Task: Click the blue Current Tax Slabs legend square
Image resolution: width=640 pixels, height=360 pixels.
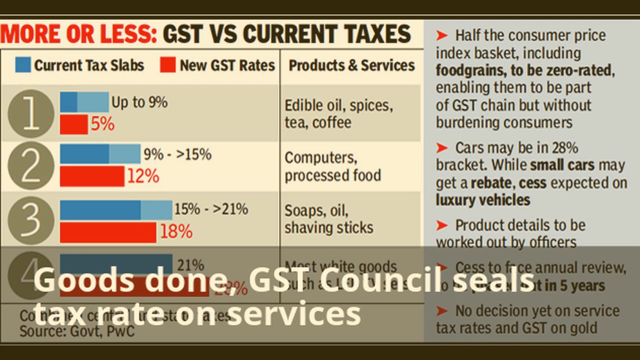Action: point(23,65)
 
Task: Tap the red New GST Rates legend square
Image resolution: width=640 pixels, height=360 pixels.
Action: point(168,65)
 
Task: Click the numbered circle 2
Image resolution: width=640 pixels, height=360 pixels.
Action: point(31,165)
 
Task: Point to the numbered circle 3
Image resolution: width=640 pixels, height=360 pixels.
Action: point(31,218)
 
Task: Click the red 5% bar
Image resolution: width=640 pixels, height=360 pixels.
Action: point(73,124)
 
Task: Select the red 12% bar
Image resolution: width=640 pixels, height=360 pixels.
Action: point(92,176)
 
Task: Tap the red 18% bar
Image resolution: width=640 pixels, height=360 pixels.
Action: point(108,232)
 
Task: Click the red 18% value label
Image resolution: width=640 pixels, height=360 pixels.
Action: point(176,231)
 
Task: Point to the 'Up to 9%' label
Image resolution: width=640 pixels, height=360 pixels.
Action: point(139,102)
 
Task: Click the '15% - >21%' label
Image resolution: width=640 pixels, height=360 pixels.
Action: point(211,209)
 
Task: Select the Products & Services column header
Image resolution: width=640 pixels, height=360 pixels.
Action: point(351,65)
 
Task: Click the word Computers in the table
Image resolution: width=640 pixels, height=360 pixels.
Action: point(320,157)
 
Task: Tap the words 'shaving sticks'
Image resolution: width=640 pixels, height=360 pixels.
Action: point(328,227)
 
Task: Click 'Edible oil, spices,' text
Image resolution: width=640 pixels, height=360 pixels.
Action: point(338,105)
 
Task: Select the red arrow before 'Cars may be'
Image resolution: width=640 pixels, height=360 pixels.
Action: point(441,148)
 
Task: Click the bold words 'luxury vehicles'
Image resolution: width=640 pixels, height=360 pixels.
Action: point(482,200)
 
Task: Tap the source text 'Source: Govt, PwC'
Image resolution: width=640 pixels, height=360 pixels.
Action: point(77,330)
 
